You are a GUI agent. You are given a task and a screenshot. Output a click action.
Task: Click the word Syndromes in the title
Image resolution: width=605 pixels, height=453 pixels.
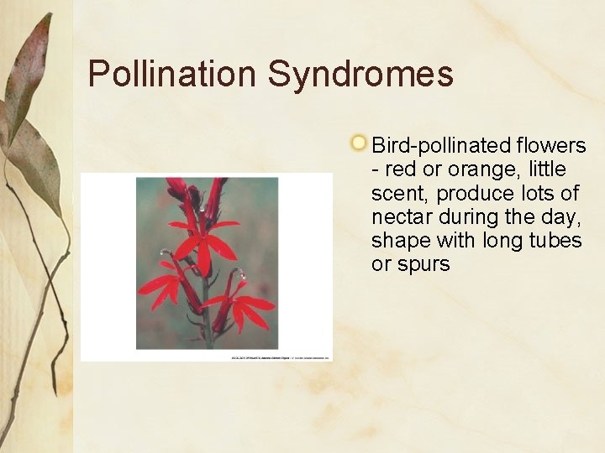pyautogui.click(x=360, y=74)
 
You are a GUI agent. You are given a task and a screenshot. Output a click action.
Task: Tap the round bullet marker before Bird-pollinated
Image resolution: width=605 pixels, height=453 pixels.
pyautogui.click(x=359, y=143)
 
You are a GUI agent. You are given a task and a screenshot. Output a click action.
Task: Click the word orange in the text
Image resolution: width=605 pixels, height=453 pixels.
pyautogui.click(x=470, y=169)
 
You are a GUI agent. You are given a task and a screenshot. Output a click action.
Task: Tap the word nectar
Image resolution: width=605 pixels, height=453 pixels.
pyautogui.click(x=399, y=216)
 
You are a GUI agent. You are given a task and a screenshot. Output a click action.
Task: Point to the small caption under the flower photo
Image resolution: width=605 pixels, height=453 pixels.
pyautogui.click(x=281, y=357)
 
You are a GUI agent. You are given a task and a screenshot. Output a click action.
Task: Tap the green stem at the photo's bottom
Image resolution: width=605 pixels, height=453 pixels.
pyautogui.click(x=207, y=331)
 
